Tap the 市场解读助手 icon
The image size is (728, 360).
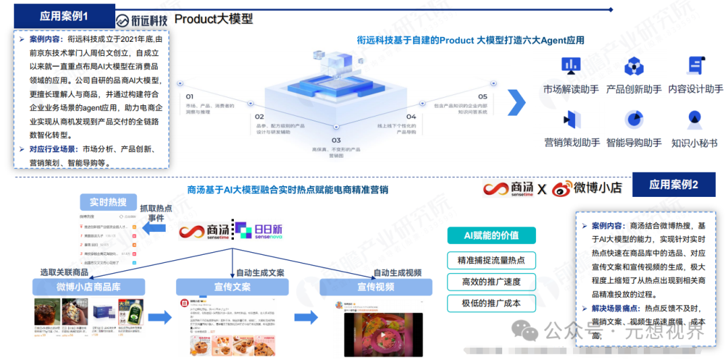571,65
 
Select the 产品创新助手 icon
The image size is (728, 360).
634,66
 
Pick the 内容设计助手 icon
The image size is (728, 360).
695,66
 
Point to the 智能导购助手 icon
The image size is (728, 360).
634,119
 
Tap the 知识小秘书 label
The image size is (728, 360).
694,143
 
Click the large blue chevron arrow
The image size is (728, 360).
516,102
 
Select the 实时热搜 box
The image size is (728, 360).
108,202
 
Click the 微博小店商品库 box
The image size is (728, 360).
88,287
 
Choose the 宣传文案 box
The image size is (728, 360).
232,287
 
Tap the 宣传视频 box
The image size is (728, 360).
375,287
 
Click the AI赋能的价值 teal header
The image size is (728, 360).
491,235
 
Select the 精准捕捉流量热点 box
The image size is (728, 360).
491,260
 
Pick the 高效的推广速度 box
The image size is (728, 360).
491,281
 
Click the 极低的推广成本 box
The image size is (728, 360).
491,303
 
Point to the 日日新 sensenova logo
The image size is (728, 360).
259,231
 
